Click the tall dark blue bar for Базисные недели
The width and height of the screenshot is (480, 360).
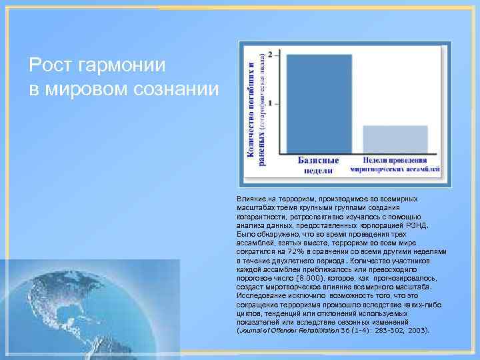(319, 104)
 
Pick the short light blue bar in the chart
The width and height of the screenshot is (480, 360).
(395, 139)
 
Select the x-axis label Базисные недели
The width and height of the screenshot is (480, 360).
(318, 165)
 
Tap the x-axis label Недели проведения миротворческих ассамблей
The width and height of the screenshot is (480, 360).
(395, 165)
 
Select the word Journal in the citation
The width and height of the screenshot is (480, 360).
(253, 330)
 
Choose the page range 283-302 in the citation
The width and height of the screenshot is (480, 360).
(386, 330)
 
